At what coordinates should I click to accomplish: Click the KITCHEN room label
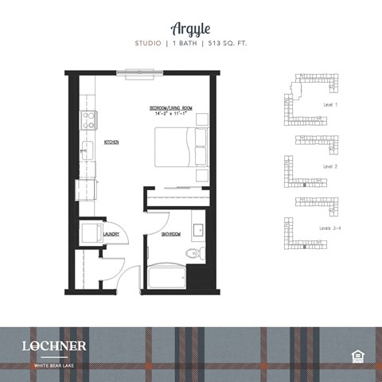click(x=111, y=142)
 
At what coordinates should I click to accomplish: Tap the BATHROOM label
click(x=171, y=234)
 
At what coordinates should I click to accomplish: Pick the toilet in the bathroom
click(x=192, y=253)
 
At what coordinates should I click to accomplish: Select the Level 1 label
click(x=330, y=104)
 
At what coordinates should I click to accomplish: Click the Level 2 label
click(x=330, y=167)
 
